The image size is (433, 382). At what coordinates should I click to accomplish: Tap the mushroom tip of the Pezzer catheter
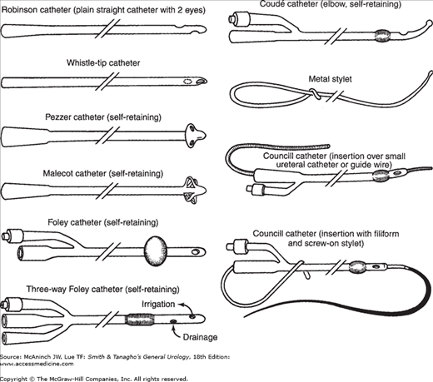tap(195, 136)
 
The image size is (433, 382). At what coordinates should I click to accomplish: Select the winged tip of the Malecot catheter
tap(194, 188)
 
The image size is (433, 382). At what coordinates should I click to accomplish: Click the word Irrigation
tap(158, 304)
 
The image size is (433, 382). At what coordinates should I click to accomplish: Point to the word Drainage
tap(200, 337)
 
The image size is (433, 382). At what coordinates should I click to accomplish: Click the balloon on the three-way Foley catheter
tap(139, 320)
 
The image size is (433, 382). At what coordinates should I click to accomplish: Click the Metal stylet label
tap(330, 79)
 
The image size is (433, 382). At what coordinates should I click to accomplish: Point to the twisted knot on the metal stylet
tap(314, 93)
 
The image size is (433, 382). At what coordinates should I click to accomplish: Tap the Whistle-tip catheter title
tap(103, 63)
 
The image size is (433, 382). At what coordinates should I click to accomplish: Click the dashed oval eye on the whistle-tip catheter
tap(187, 82)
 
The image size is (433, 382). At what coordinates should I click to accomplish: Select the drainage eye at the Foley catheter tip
tap(197, 252)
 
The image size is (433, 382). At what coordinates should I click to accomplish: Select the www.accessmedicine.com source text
tap(37, 364)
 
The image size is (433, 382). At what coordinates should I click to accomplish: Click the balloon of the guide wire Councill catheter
tap(380, 176)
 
